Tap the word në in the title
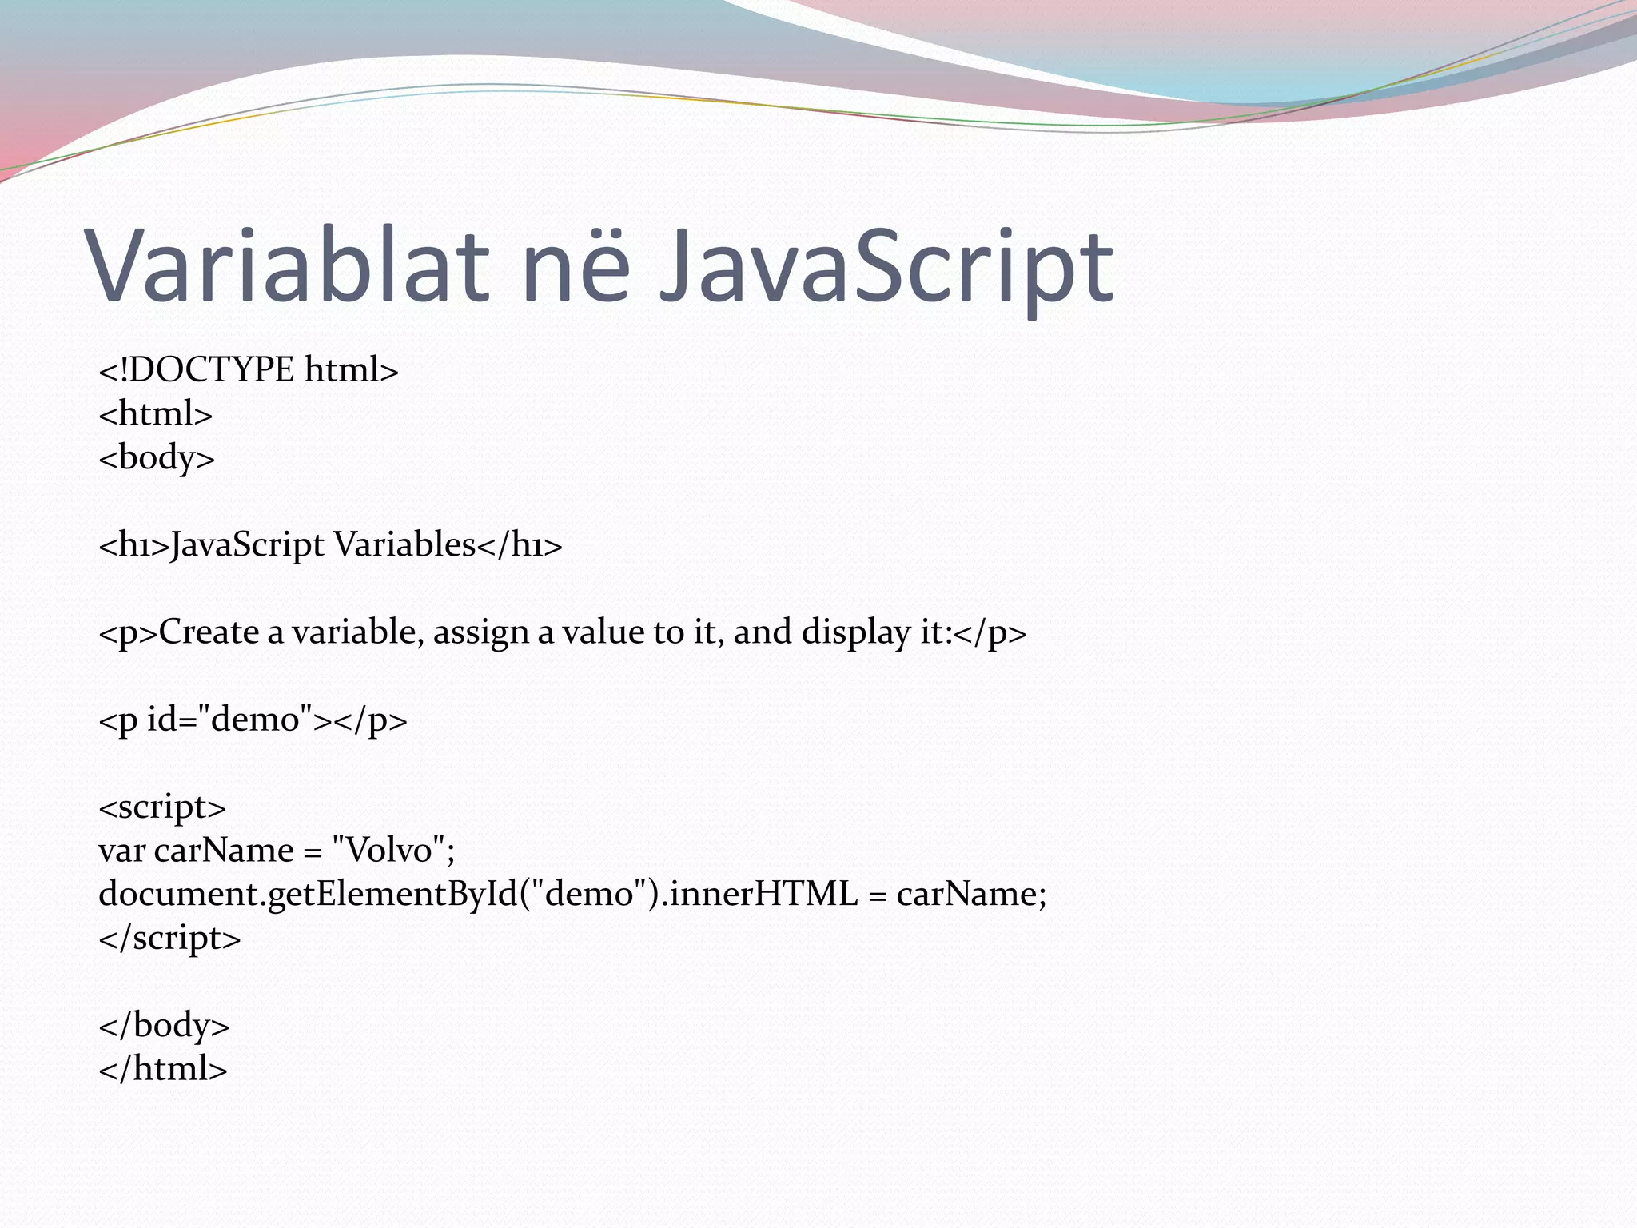click(576, 265)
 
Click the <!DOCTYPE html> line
click(248, 370)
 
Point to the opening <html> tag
click(155, 414)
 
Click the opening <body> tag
click(157, 458)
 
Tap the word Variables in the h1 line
click(404, 545)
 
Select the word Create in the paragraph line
click(209, 632)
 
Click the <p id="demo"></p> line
click(253, 720)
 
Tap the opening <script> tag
click(162, 807)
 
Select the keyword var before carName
click(121, 851)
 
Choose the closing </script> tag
click(169, 938)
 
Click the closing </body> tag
click(164, 1025)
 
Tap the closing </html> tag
click(163, 1069)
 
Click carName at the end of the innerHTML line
click(966, 894)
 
